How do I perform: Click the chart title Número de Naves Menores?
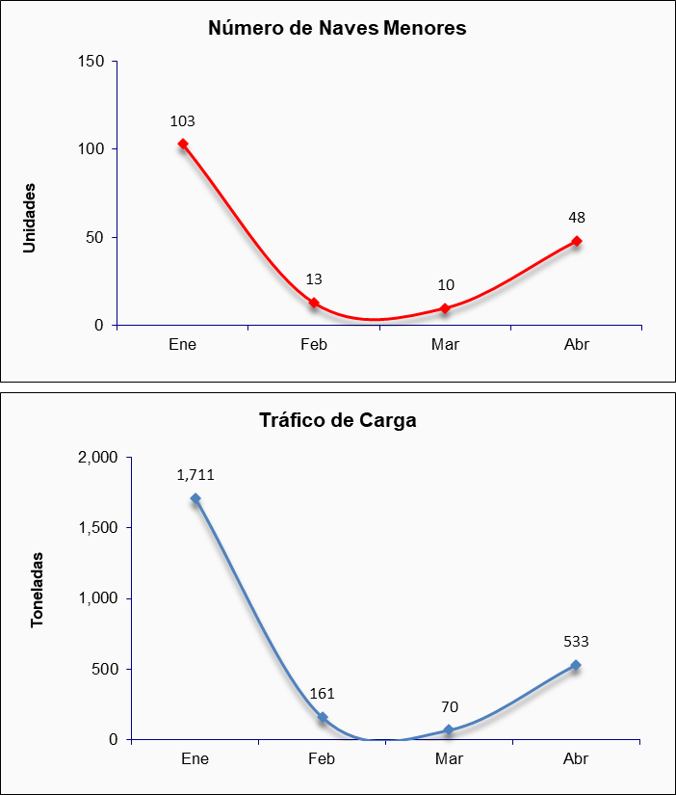pos(337,28)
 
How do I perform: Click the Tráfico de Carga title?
pos(337,420)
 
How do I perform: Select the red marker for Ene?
pos(183,144)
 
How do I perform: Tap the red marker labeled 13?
pos(314,303)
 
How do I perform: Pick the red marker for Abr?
pos(577,241)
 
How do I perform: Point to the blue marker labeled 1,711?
pos(195,498)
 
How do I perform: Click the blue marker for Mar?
pos(449,730)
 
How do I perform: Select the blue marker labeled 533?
pos(576,665)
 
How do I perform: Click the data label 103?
pos(182,121)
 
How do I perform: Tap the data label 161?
pos(323,693)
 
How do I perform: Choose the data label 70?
pos(450,706)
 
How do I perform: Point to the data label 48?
pos(577,218)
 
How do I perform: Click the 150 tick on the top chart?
pos(91,62)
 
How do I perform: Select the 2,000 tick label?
pos(98,458)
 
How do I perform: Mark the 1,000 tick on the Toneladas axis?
pos(98,598)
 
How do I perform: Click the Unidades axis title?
pos(30,218)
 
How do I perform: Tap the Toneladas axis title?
pos(37,590)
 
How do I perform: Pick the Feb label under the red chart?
pos(314,345)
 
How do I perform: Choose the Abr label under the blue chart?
pos(576,759)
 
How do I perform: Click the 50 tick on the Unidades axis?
pos(95,237)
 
